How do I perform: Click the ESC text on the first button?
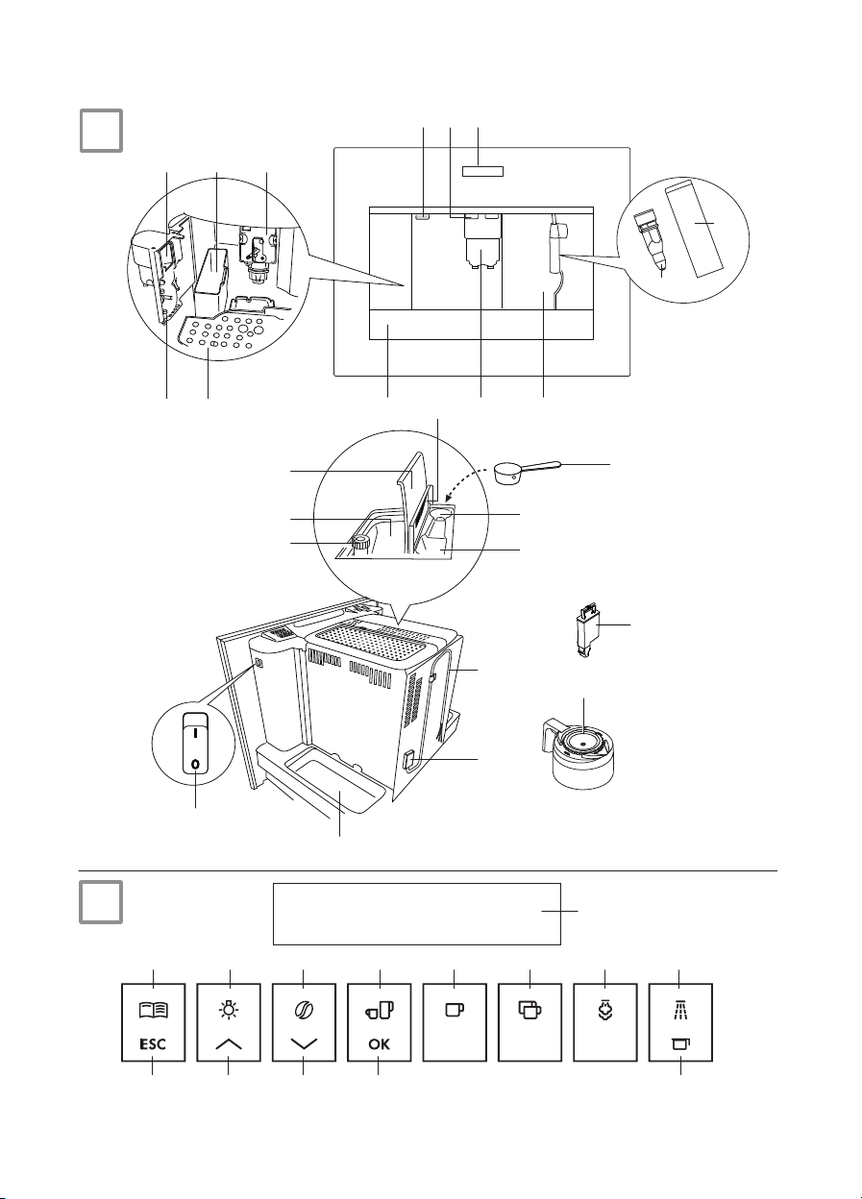(153, 1044)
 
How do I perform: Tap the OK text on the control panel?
(379, 1044)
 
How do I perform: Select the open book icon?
(153, 1011)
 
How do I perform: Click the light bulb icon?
(229, 1010)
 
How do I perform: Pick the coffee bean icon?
(304, 1011)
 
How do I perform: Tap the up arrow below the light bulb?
(229, 1043)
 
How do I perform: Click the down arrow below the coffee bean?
(304, 1044)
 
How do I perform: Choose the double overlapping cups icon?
(530, 1011)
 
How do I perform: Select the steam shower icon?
(680, 1009)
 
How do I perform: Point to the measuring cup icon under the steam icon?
(680, 1043)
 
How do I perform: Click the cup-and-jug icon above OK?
(379, 1011)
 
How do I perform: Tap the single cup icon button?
(455, 1010)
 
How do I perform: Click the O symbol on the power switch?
(196, 765)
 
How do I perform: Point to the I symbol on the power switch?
(196, 734)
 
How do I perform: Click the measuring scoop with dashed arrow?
(527, 472)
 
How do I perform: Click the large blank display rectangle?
(416, 914)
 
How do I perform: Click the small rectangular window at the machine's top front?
(483, 171)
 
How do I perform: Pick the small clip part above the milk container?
(588, 630)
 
